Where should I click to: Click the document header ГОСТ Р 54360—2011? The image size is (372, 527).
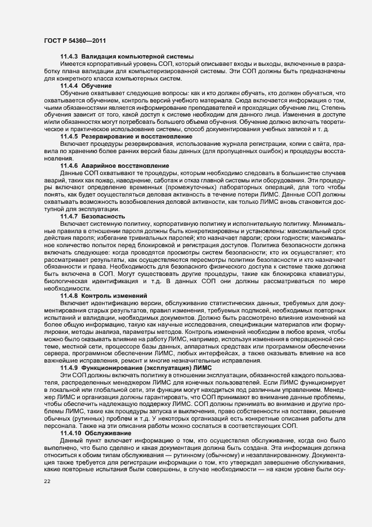click(74, 41)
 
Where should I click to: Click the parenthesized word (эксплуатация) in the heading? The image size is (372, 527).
click(167, 368)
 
